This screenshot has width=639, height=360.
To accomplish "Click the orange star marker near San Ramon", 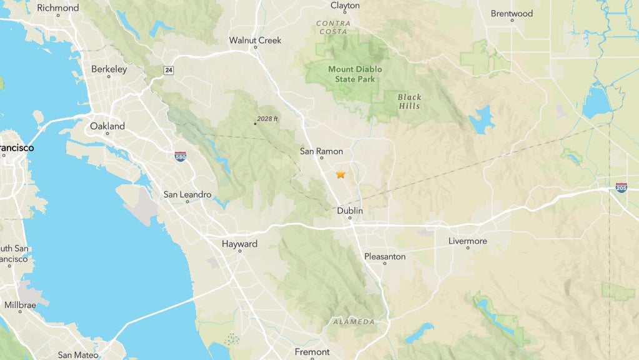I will [340, 174].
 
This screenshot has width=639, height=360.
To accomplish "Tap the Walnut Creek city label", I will [255, 41].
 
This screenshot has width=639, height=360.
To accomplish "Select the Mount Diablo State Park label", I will [355, 74].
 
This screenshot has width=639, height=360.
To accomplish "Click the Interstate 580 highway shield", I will [180, 156].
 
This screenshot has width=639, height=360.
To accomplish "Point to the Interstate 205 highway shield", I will [621, 187].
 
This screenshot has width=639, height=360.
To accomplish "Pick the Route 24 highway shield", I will [169, 70].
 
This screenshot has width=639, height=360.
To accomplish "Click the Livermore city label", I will [467, 241].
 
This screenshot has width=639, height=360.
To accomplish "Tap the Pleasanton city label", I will [385, 256].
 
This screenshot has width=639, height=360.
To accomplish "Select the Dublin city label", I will [350, 211].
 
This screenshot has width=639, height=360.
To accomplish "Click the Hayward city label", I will [239, 244].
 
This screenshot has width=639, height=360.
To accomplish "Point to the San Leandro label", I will [187, 194].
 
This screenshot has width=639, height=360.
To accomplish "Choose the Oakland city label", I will [107, 126].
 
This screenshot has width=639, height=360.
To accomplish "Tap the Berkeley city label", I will [109, 69].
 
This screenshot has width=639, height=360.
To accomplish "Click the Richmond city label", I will [58, 8].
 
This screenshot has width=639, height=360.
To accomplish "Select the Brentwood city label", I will [512, 13].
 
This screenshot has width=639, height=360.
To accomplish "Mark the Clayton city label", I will [345, 6].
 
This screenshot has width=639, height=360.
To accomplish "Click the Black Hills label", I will [409, 101].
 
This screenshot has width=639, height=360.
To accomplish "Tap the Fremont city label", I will [312, 352].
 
